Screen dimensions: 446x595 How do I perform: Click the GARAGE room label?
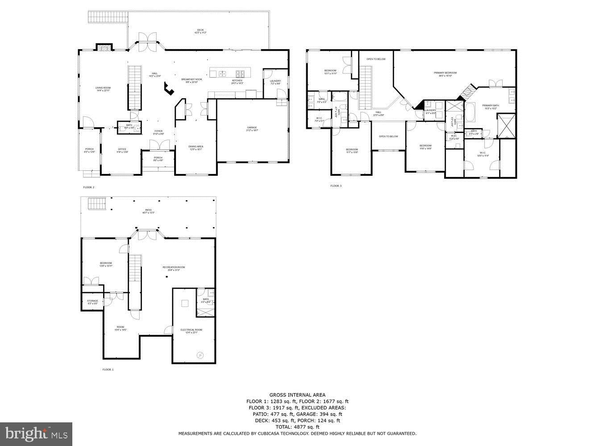252,128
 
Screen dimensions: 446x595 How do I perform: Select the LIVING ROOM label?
103,88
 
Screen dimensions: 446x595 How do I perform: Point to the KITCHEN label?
237,81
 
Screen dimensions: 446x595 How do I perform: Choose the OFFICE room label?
122,149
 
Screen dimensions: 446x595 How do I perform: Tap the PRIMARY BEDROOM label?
445,73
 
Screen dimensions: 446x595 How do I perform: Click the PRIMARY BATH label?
489,106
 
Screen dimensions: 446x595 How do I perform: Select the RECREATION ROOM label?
173,268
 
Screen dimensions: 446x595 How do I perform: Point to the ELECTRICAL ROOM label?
191,330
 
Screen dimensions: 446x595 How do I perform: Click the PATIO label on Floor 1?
148,210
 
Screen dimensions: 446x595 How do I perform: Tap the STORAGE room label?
92,301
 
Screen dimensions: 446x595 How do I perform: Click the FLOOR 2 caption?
89,187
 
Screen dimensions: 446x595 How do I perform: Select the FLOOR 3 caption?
336,186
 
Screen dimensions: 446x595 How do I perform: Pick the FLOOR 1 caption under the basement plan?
108,370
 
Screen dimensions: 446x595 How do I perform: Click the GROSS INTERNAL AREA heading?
297,395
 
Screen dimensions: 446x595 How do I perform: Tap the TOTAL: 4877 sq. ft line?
297,427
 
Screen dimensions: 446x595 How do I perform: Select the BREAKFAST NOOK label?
191,79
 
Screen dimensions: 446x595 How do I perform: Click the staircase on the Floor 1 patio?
97,204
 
